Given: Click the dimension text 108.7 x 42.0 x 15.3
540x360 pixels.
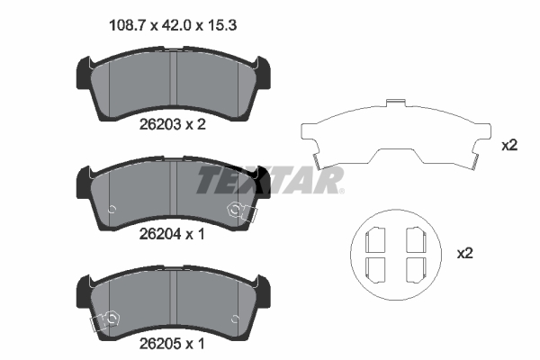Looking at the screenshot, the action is point(173,25).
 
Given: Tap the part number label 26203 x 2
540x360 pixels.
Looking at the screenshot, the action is point(172,124).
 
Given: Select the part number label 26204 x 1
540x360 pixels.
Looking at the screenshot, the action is point(172,234).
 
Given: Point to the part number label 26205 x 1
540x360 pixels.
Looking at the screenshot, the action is point(172,344).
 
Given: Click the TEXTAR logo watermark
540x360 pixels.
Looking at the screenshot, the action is point(270,180).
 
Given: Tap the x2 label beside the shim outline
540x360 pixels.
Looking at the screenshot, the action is point(509,146).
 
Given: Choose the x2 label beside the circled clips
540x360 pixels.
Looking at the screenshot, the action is point(465,254).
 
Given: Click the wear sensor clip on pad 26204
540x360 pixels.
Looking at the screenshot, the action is point(242,211).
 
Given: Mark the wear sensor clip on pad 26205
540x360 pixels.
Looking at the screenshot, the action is point(104,321).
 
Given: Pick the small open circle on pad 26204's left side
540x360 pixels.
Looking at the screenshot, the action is point(112,210).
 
